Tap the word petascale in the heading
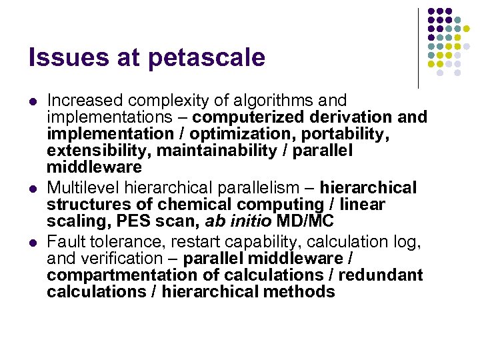click(x=207, y=59)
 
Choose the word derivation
click(x=347, y=117)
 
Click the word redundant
click(x=381, y=275)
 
